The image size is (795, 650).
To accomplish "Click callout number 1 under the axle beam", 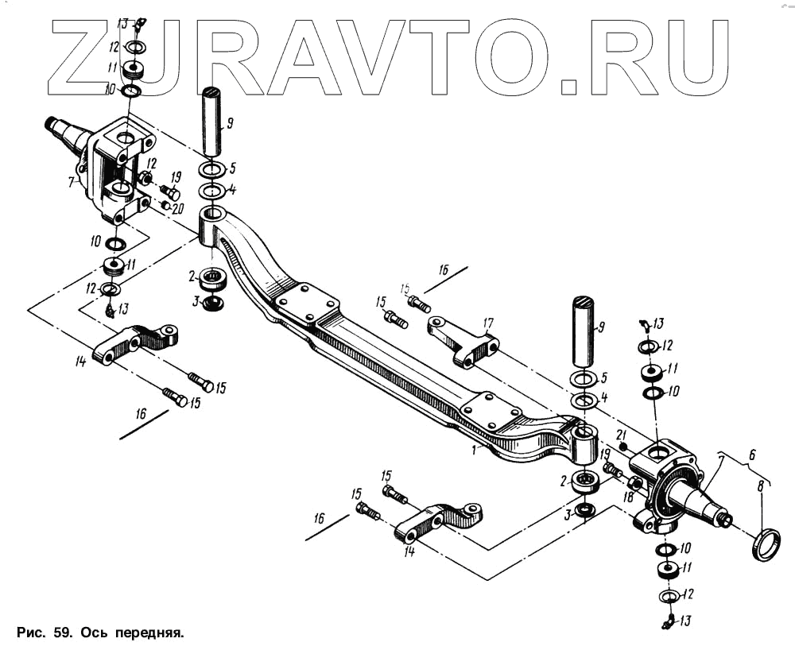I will point(475,450).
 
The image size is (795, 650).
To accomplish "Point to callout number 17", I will point(487,323).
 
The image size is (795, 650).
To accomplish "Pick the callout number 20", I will point(176,208).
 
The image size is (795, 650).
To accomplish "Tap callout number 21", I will point(622,433).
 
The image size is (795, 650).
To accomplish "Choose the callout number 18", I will point(628,497).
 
